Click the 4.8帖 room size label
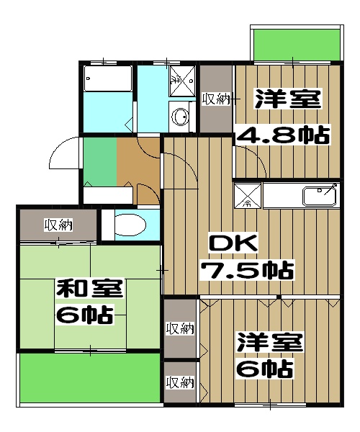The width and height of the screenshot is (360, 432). pos(283,135)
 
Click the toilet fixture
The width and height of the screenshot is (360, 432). pos(130,225)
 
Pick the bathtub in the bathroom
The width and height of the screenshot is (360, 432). pos(108,78)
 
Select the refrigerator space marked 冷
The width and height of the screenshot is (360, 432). pos(247,195)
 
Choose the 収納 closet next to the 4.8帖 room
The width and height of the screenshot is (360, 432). pos(216,99)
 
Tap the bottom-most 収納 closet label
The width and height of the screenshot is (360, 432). pos(180,382)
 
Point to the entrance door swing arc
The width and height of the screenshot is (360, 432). pos(61,155)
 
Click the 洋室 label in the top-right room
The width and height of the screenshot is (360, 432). pos(287,99)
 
